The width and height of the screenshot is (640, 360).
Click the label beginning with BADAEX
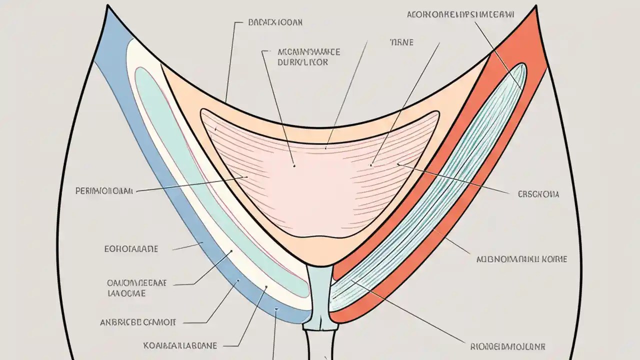(275, 22)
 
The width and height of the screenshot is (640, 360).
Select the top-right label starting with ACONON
(460, 14)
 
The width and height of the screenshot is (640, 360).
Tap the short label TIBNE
(401, 42)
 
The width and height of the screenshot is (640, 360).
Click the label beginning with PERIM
(104, 190)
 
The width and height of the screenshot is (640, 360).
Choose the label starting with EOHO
(131, 248)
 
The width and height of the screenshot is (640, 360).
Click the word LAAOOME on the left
(126, 293)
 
